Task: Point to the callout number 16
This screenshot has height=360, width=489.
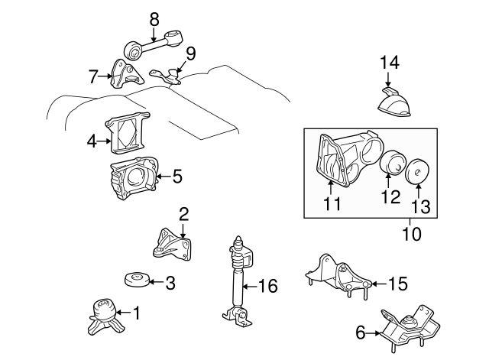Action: [267, 287]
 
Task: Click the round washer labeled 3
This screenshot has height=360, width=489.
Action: [135, 281]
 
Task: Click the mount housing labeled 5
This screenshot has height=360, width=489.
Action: [134, 181]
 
